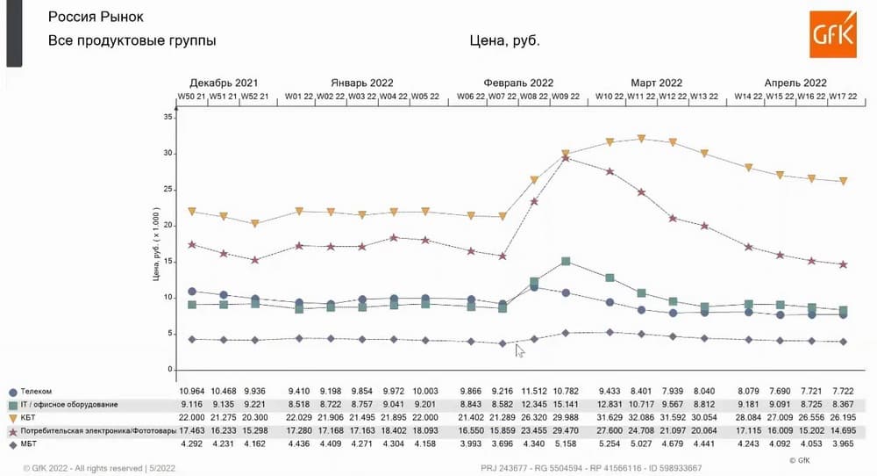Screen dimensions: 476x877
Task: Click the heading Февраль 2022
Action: pos(517,83)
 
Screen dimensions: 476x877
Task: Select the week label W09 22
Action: pos(565,97)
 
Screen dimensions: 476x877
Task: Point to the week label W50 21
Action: pos(192,97)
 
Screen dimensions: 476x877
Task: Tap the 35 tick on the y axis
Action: pos(169,117)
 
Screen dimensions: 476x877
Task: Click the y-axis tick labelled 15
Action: pos(169,261)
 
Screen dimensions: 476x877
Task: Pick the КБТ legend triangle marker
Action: pos(13,418)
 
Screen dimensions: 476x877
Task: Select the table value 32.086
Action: pos(641,418)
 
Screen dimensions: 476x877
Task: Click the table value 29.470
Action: pos(565,431)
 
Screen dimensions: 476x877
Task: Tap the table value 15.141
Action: pos(565,405)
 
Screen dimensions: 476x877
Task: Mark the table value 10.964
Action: pos(192,392)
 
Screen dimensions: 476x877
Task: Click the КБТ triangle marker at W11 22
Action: pos(641,139)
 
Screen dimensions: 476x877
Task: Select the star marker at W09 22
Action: pos(566,158)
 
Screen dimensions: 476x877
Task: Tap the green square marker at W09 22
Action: pos(566,262)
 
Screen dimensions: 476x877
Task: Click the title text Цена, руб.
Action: pos(505,40)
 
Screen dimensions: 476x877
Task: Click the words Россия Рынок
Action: pos(96,18)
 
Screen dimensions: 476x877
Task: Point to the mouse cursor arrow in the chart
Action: pos(519,350)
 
